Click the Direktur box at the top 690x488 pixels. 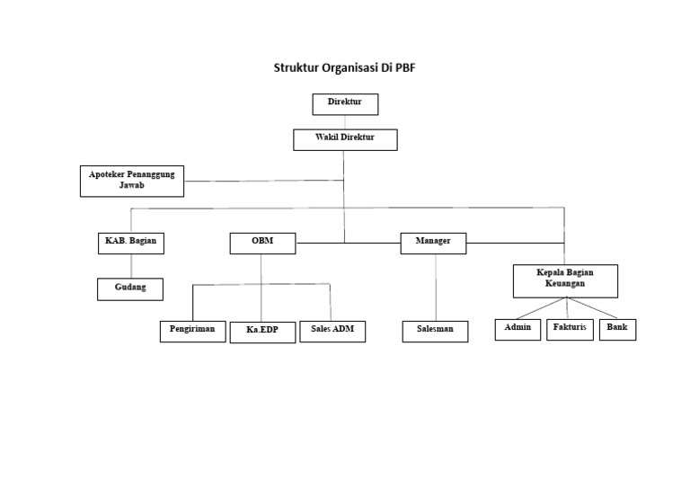click(x=345, y=104)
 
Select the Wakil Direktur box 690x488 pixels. click(x=345, y=139)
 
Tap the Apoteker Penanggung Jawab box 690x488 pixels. click(x=132, y=181)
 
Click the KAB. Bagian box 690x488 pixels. click(x=132, y=243)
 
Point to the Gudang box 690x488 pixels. click(x=130, y=288)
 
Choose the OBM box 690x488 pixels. click(x=261, y=243)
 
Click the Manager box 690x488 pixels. click(x=433, y=243)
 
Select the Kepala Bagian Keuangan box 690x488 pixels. click(x=565, y=279)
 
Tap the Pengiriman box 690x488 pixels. click(x=192, y=331)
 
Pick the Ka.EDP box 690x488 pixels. click(x=261, y=332)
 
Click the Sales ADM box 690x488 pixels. click(x=332, y=331)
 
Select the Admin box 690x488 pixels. click(x=517, y=329)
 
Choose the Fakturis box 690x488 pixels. click(x=570, y=329)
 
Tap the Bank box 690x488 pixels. click(x=617, y=329)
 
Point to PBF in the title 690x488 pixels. click(x=417, y=68)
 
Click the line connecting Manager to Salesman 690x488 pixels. click(x=436, y=287)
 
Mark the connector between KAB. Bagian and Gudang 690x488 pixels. click(x=132, y=266)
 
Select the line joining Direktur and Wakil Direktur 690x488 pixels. click(x=345, y=122)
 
